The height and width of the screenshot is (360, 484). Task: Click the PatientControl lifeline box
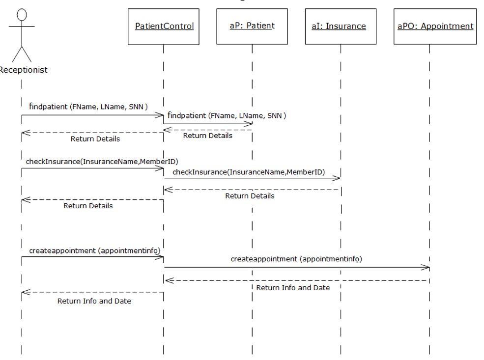click(x=164, y=27)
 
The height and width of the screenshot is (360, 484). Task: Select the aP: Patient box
click(x=252, y=27)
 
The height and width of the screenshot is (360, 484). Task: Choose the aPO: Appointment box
click(x=435, y=27)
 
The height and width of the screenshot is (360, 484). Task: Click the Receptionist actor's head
click(x=22, y=15)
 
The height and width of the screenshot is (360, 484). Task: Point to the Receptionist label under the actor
click(x=23, y=70)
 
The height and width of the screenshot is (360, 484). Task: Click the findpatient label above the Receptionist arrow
click(x=88, y=106)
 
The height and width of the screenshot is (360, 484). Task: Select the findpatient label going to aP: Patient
click(x=227, y=116)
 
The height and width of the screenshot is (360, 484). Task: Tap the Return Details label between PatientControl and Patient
click(x=207, y=136)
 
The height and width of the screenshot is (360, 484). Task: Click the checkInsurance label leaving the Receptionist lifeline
click(x=102, y=161)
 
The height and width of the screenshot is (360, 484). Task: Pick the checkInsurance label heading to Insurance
click(x=248, y=172)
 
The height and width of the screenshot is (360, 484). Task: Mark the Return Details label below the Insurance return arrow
click(x=250, y=196)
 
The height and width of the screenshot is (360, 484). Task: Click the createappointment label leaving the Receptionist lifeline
click(x=94, y=250)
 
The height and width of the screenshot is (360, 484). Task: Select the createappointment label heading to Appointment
click(x=296, y=259)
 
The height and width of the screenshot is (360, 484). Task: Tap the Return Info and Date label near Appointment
click(x=293, y=288)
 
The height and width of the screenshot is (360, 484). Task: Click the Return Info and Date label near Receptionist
click(x=94, y=301)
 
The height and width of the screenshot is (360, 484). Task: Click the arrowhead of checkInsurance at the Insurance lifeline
click(x=337, y=178)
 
